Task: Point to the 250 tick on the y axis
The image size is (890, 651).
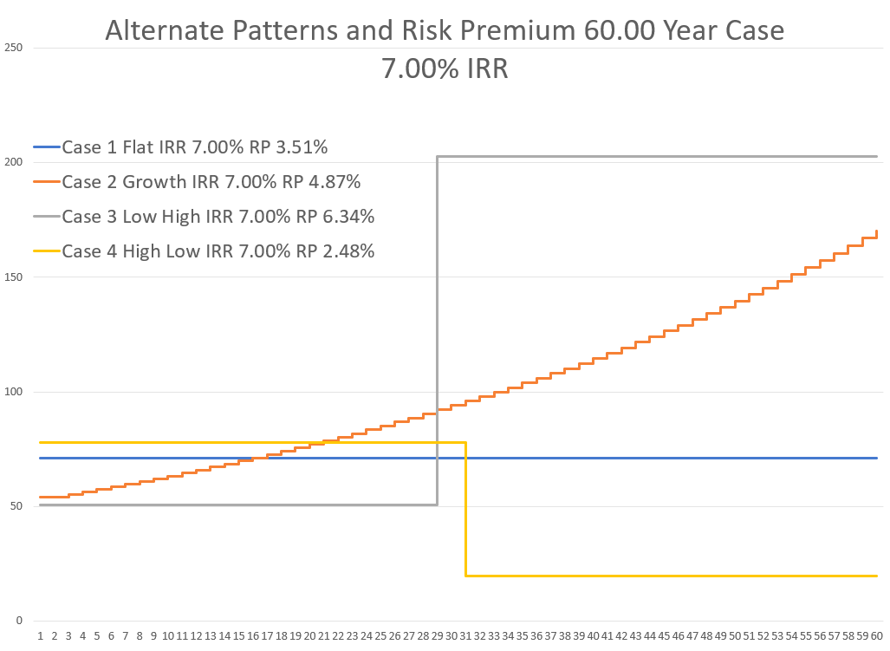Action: pos(14,48)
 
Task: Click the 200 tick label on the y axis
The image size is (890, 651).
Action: pos(14,163)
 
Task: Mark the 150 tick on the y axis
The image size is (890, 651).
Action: pos(14,277)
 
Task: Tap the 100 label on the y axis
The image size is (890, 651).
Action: pos(14,392)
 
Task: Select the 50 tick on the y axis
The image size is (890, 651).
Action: pos(16,507)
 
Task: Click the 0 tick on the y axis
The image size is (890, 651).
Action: pos(19,622)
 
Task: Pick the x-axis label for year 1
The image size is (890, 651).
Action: pos(40,636)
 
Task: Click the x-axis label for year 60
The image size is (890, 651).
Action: pos(876,636)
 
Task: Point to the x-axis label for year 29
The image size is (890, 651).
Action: pos(437,636)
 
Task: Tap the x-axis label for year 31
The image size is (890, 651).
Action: pos(465,636)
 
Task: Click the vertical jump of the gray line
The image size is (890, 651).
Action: pos(437,329)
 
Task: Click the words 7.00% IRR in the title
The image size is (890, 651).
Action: pos(445,68)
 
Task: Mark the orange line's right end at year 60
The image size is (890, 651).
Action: pos(877,231)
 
